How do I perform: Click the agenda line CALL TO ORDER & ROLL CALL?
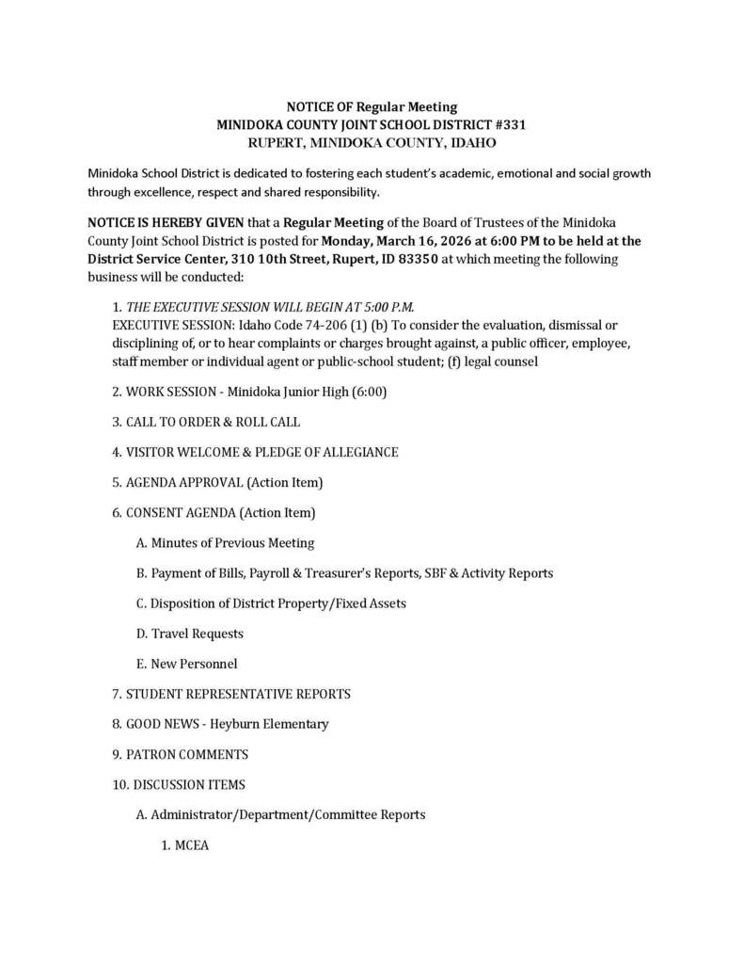click(x=213, y=422)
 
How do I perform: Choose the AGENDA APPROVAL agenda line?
click(x=216, y=482)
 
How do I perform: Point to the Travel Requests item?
click(x=198, y=634)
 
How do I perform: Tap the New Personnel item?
click(x=195, y=664)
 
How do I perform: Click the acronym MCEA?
click(x=192, y=845)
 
